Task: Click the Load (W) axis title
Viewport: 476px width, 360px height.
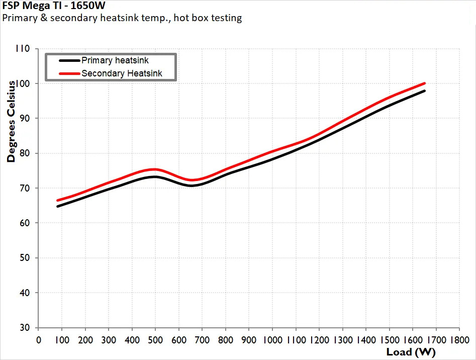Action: coord(411,352)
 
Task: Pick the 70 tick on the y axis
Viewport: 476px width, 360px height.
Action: coord(24,188)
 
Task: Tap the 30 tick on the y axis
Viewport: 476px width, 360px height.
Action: coord(24,328)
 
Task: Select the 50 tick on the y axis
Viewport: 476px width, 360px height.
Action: coord(24,258)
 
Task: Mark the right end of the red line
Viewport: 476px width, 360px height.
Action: coord(424,83)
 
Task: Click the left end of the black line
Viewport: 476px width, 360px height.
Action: coord(58,206)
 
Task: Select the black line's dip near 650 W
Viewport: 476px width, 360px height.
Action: coord(191,186)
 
